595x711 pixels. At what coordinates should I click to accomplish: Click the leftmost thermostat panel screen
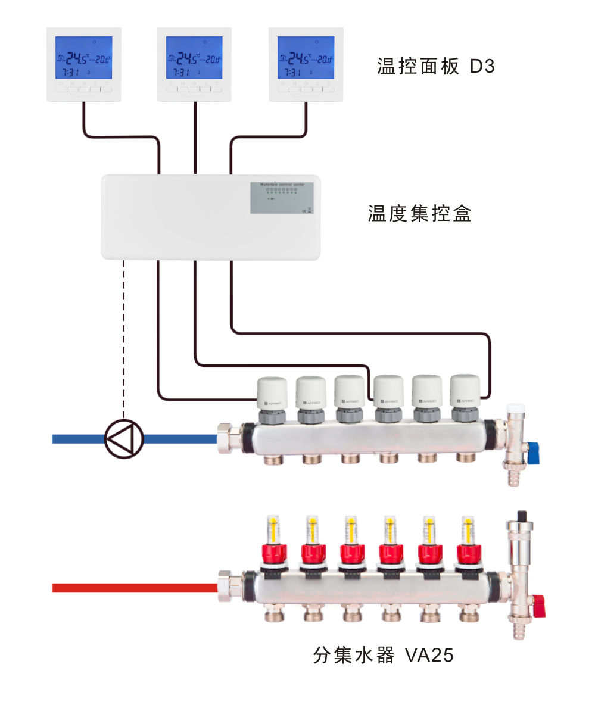[83, 58]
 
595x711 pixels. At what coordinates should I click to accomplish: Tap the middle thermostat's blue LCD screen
[194, 58]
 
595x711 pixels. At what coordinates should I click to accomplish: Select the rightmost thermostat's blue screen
[306, 58]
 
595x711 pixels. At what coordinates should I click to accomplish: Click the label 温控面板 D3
[436, 66]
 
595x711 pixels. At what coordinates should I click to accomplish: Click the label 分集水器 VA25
[383, 656]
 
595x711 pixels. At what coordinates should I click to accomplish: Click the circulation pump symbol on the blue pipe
[124, 439]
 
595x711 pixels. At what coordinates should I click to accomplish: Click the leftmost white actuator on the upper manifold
[272, 393]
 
